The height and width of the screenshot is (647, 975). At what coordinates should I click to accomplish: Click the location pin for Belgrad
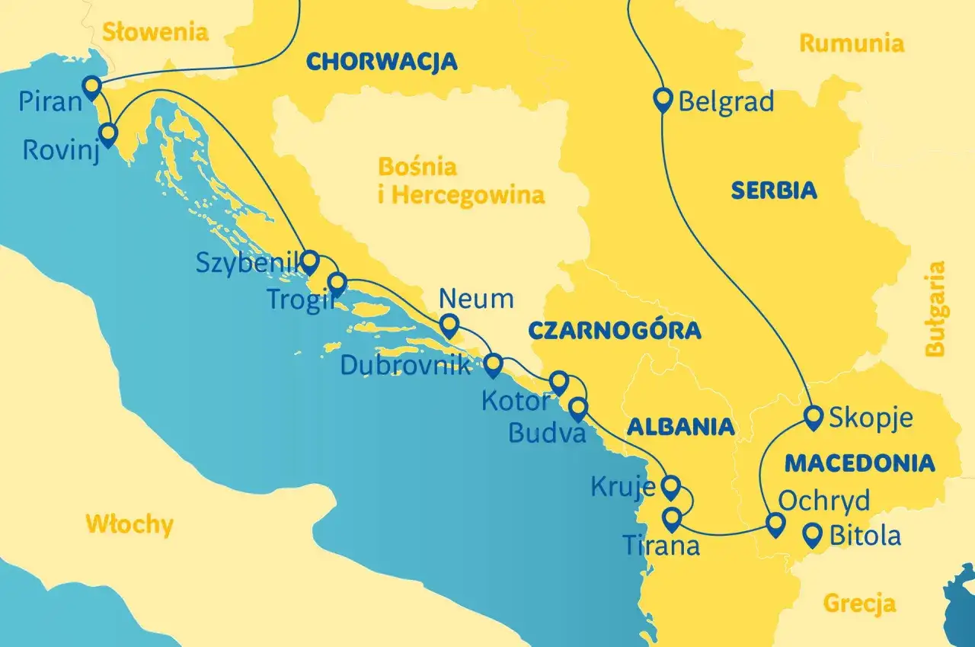[x=663, y=99]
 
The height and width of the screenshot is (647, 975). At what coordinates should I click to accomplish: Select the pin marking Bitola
[x=814, y=534]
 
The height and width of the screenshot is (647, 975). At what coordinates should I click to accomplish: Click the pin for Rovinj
[x=108, y=134]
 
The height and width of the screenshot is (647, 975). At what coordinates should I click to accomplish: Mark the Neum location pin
[x=449, y=325]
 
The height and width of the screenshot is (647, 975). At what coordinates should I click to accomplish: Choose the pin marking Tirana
[x=671, y=519]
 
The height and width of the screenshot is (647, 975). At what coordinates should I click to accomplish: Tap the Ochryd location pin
[x=775, y=524]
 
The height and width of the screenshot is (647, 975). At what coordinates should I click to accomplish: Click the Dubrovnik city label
[x=405, y=365]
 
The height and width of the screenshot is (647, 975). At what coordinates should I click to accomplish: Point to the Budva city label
[x=547, y=433]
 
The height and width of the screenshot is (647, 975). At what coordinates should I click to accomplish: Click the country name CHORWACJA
[x=382, y=61]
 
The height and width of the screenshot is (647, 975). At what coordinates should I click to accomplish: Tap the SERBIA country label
[x=774, y=190]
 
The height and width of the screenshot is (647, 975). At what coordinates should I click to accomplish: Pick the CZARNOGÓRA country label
[x=614, y=330]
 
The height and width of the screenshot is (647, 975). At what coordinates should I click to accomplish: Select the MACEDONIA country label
[x=860, y=463]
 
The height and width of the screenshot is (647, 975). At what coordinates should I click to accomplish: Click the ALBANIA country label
[x=680, y=427]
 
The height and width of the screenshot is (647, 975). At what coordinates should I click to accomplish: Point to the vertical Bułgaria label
[x=935, y=309]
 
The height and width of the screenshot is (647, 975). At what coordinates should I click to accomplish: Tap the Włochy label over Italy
[x=129, y=524]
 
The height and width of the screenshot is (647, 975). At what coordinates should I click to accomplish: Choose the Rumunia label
[x=851, y=43]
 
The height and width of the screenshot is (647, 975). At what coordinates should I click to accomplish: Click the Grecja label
[x=859, y=604]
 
